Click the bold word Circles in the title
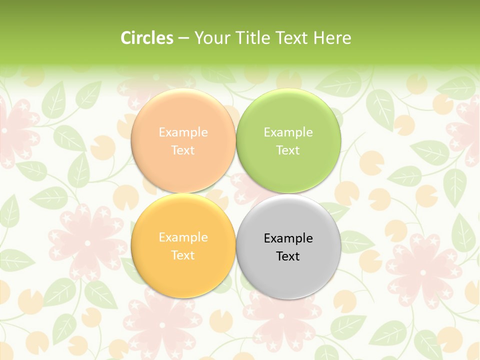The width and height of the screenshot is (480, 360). pyautogui.click(x=146, y=38)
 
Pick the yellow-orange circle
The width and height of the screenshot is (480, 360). pyautogui.click(x=183, y=273)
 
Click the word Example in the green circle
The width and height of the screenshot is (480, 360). pyautogui.click(x=288, y=132)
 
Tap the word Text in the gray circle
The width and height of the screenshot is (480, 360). pyautogui.click(x=287, y=256)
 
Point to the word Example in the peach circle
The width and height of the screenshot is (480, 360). pyautogui.click(x=183, y=132)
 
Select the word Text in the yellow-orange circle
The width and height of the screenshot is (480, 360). pyautogui.click(x=183, y=255)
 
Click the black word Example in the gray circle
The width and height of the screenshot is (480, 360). pyautogui.click(x=288, y=238)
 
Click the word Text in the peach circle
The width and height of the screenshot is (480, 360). pyautogui.click(x=183, y=150)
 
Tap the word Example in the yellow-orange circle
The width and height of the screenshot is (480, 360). pyautogui.click(x=183, y=237)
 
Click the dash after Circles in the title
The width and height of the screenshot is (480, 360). pyautogui.click(x=183, y=38)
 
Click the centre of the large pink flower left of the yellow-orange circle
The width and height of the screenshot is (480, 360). pyautogui.click(x=88, y=243)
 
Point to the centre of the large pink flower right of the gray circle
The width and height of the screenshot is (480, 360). pyautogui.click(x=423, y=272)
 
